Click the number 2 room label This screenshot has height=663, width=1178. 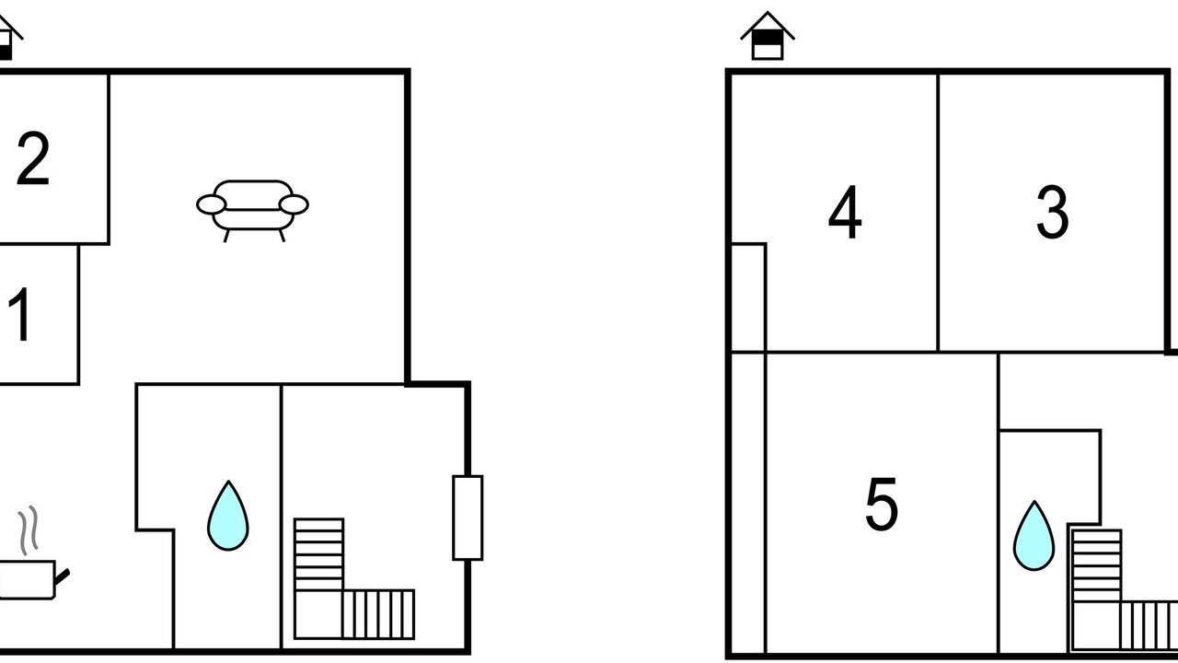tap(33, 158)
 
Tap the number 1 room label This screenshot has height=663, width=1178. tap(21, 315)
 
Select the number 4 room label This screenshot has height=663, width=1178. tap(845, 212)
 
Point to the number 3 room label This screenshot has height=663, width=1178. tap(1052, 212)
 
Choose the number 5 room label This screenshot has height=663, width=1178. tap(882, 504)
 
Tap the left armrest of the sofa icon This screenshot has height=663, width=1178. tap(212, 204)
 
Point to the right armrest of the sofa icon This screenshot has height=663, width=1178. tap(294, 204)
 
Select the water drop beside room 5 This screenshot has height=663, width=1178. tap(1034, 536)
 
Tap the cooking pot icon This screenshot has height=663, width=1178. tap(28, 579)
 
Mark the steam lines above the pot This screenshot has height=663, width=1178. tap(29, 530)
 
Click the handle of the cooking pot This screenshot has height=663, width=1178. tap(62, 576)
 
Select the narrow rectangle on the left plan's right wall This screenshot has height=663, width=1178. tap(468, 518)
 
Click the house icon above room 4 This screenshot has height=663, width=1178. tap(768, 36)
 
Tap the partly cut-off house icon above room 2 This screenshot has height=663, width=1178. tap(9, 38)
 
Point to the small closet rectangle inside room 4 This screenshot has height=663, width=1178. tap(749, 297)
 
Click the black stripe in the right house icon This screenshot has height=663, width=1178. tap(768, 38)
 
